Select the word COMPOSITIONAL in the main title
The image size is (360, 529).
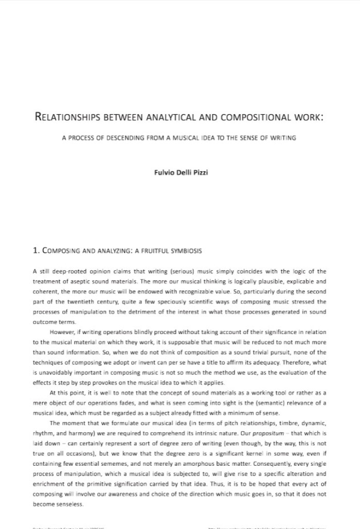256,116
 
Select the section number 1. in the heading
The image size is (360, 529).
36,251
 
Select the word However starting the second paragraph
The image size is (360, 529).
62,332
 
